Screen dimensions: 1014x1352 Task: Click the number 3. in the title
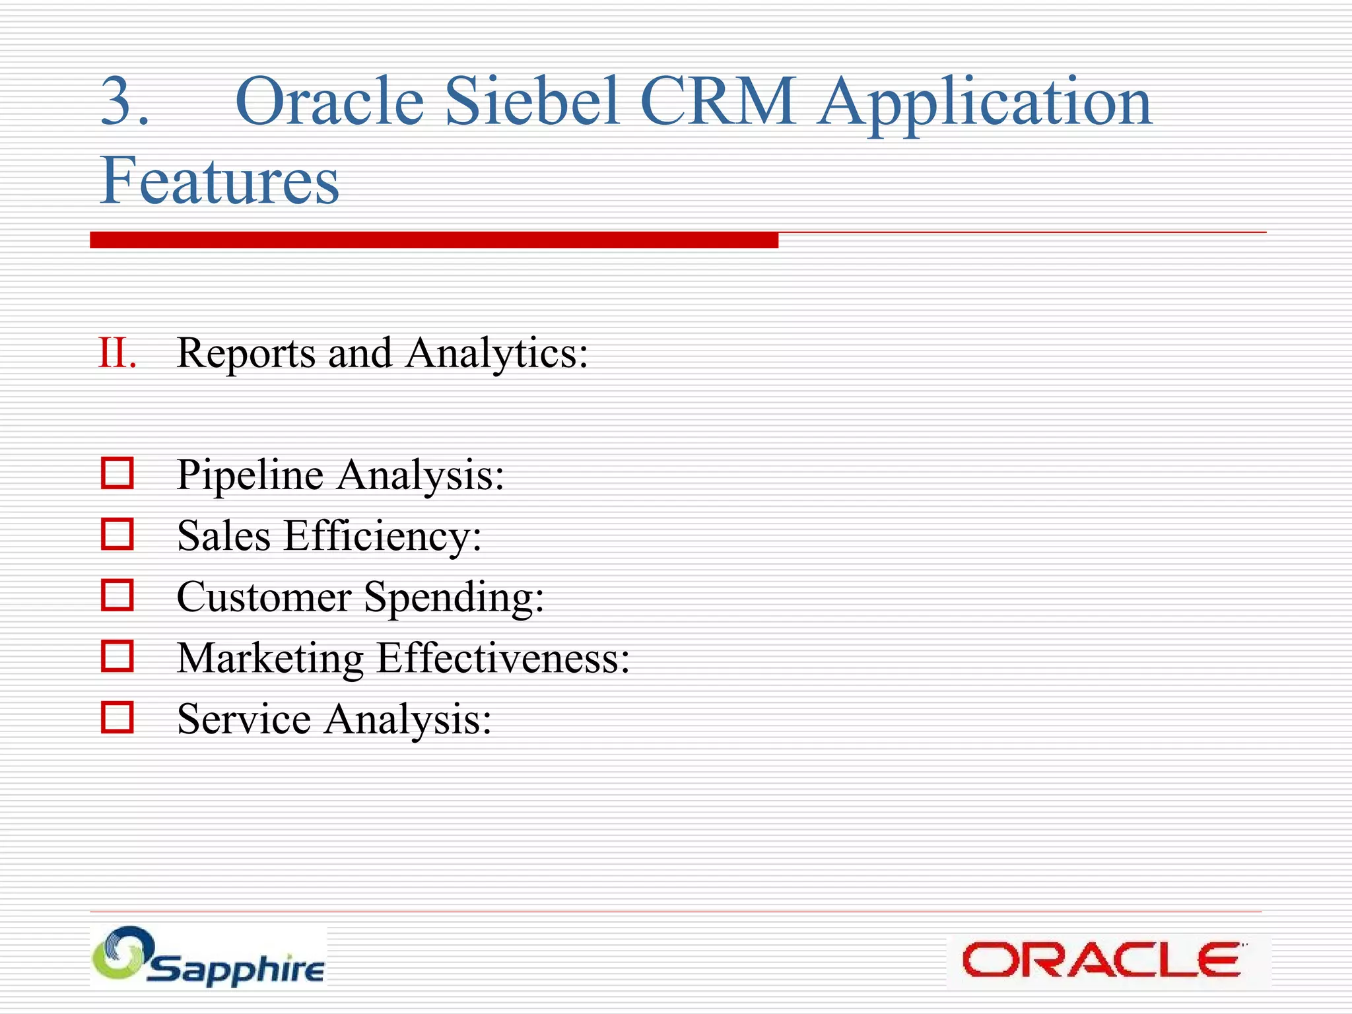[124, 102]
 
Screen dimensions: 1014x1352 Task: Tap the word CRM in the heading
[718, 102]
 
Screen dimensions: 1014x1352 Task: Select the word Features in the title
[219, 180]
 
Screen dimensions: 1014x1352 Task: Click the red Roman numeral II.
[118, 353]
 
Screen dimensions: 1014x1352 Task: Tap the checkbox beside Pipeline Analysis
[118, 473]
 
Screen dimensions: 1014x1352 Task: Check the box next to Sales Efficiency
[118, 534]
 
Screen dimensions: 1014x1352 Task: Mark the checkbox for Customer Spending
[118, 595]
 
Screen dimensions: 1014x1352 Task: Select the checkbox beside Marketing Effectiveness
[118, 656]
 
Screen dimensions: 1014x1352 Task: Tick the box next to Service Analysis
[118, 718]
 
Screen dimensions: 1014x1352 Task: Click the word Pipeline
[250, 475]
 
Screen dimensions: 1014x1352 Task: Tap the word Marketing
[270, 659]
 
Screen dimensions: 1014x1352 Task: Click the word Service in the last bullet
[244, 719]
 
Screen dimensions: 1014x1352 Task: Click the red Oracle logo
[1101, 961]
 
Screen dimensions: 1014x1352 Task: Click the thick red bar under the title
[434, 240]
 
